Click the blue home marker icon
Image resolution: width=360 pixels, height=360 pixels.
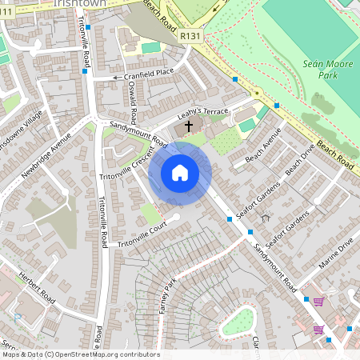180,173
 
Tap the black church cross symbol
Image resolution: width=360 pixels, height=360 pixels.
190,126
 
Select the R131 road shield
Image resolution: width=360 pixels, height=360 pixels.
190,35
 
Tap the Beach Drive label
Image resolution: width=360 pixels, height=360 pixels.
300,162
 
